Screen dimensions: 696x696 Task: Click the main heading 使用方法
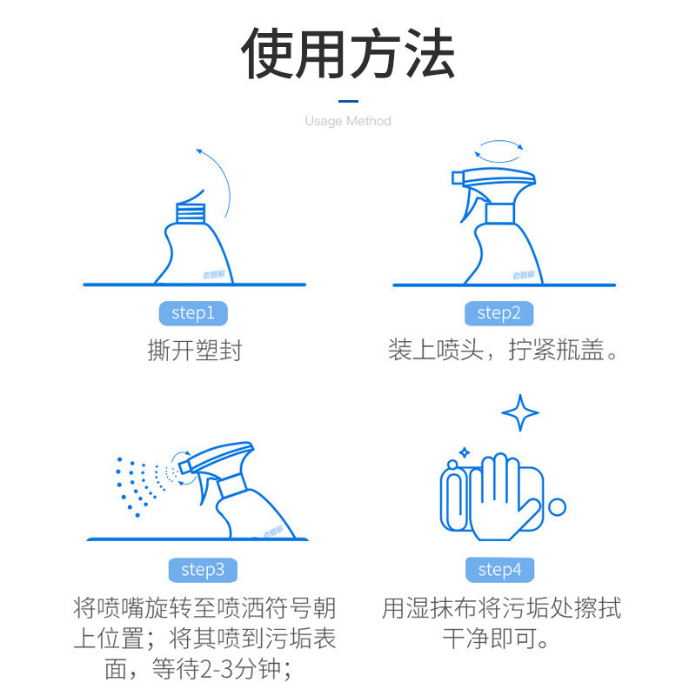tap(348, 54)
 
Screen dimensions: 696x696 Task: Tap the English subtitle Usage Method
tap(348, 121)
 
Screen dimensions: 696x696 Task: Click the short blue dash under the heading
tap(348, 100)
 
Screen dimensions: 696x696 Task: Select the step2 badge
tap(499, 313)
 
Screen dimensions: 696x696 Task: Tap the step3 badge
tap(203, 570)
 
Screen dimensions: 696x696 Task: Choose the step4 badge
tap(500, 570)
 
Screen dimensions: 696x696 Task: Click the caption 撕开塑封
tap(194, 351)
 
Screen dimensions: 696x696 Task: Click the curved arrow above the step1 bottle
tap(217, 178)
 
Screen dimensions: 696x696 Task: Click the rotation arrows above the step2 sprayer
tap(503, 151)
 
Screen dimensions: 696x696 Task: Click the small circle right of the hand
tap(558, 506)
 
